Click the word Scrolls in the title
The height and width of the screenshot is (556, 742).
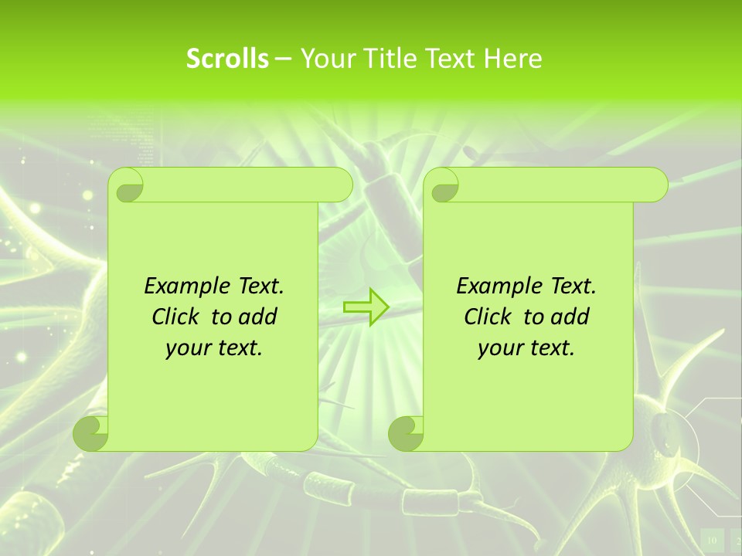[x=227, y=59]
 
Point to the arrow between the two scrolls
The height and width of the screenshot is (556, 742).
[x=366, y=307]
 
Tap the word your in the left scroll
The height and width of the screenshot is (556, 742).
[x=189, y=348]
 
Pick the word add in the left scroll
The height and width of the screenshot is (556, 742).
[x=258, y=317]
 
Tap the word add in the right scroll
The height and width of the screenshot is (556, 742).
[x=570, y=317]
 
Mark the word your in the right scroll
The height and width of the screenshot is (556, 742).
[x=501, y=348]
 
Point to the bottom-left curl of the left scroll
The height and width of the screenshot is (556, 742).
[x=91, y=433]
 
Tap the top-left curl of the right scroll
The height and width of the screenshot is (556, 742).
[x=442, y=186]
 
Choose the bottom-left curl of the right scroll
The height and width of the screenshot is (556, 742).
[x=406, y=433]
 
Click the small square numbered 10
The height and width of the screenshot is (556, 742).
[x=712, y=540]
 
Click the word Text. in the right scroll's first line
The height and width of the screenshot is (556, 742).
[x=574, y=286]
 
